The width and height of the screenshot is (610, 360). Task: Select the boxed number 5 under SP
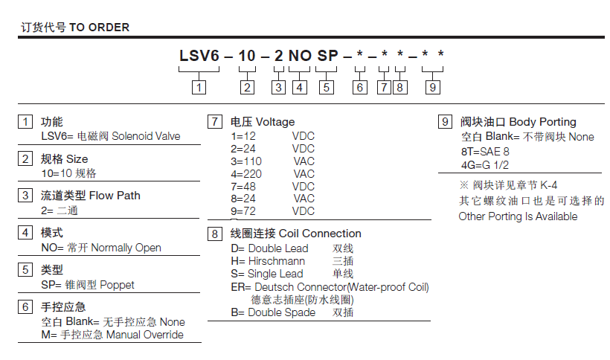point(326,87)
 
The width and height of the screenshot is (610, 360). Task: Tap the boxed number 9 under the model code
point(432,87)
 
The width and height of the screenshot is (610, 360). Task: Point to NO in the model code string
point(299,56)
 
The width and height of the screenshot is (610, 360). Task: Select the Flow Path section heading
point(115,196)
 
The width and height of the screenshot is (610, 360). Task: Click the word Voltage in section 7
point(274,122)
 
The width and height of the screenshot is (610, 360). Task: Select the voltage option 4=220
point(243,173)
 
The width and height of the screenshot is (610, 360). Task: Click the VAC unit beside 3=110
point(304,161)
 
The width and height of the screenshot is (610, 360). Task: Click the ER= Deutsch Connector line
point(330,286)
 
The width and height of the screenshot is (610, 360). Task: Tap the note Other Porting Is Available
point(518,216)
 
